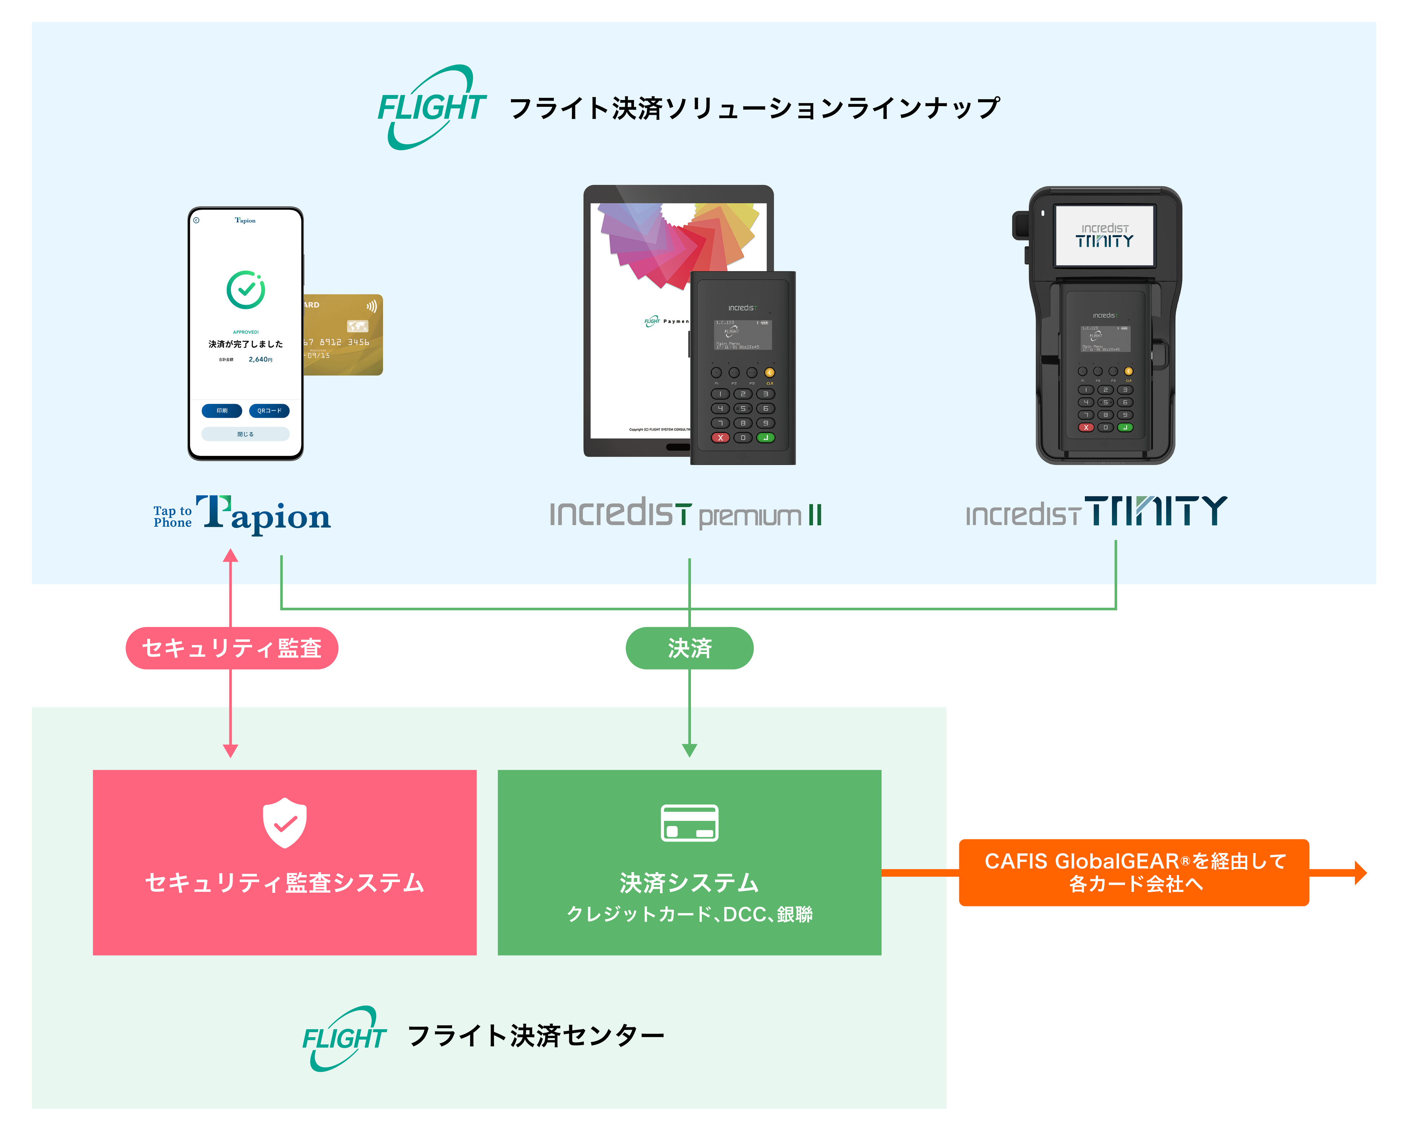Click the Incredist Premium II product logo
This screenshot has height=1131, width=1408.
coord(686,514)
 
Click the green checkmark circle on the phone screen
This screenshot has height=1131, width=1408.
coord(245,290)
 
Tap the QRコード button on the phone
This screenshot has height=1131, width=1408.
coord(269,411)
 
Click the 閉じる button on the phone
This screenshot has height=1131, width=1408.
coord(245,434)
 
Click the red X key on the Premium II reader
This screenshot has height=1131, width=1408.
coord(720,438)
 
